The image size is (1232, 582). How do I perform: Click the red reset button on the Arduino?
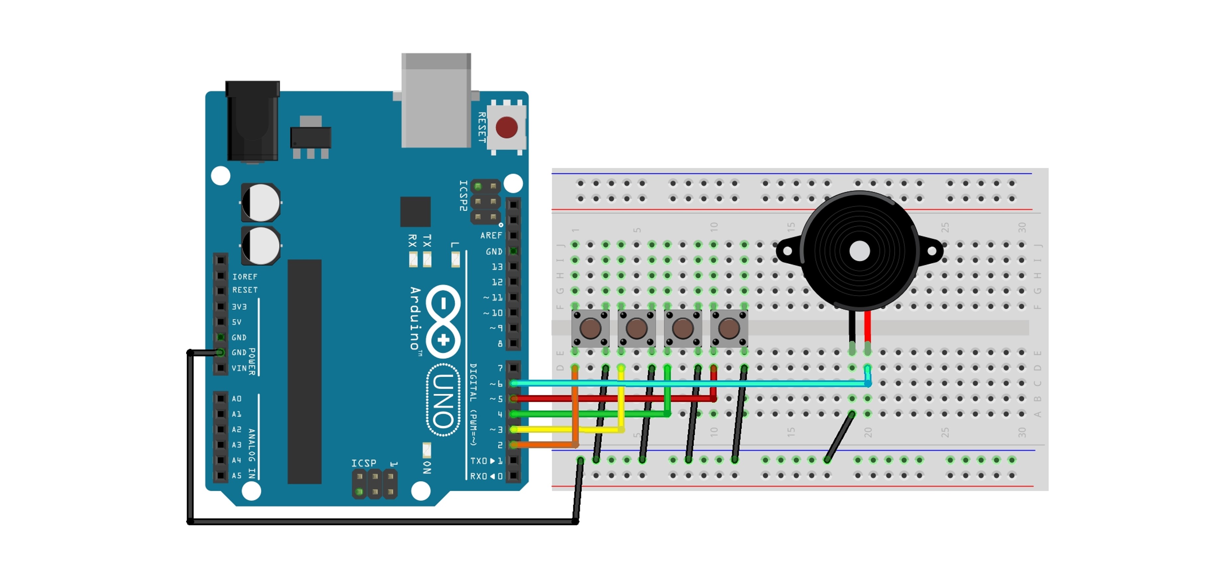click(507, 127)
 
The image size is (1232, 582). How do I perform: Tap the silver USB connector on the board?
click(436, 103)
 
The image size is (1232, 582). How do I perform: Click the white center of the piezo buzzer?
click(859, 251)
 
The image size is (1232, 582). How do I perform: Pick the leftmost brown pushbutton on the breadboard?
click(591, 328)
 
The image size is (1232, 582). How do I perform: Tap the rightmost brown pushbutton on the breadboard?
click(729, 328)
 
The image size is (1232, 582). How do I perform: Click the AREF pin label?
click(491, 236)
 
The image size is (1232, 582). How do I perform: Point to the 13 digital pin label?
click(497, 267)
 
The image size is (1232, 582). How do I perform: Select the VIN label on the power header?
click(239, 368)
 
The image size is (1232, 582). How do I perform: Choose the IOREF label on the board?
click(244, 277)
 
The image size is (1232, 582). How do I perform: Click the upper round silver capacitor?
click(261, 203)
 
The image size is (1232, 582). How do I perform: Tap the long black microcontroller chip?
click(304, 371)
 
